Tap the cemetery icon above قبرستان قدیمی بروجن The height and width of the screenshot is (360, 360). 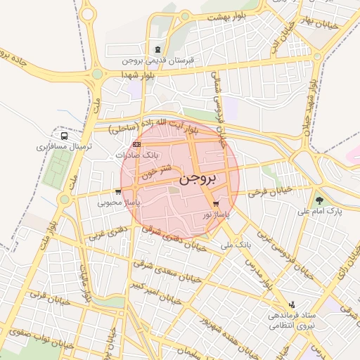click(157, 49)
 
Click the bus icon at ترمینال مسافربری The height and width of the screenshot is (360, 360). click(64, 136)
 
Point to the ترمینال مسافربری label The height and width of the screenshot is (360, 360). click(60, 148)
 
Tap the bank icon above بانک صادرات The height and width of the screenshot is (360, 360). click(136, 143)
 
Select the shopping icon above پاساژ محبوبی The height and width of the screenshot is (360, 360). click(117, 191)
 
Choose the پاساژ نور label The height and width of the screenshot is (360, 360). click(217, 214)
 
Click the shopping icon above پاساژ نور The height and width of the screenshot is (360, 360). click(205, 204)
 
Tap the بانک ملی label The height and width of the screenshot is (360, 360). click(236, 245)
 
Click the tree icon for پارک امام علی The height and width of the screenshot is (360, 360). click(321, 199)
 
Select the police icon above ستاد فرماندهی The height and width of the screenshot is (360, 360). click(291, 304)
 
